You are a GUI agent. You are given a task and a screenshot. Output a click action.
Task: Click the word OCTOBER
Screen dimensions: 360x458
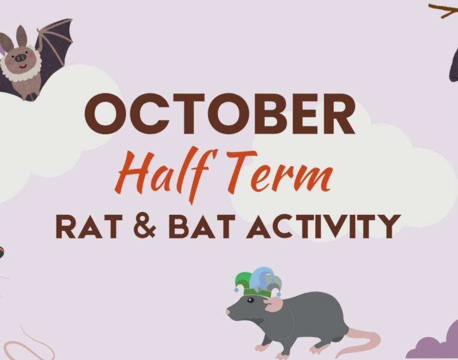click(x=220, y=115)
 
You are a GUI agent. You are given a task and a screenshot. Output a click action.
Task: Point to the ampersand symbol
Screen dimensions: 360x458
click(x=144, y=226)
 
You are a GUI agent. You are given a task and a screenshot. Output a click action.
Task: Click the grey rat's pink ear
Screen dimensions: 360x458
click(x=274, y=304)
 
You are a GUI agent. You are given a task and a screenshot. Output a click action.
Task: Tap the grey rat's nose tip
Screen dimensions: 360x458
click(x=228, y=312)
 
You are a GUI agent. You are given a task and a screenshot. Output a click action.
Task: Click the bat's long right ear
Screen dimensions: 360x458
click(x=22, y=35)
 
